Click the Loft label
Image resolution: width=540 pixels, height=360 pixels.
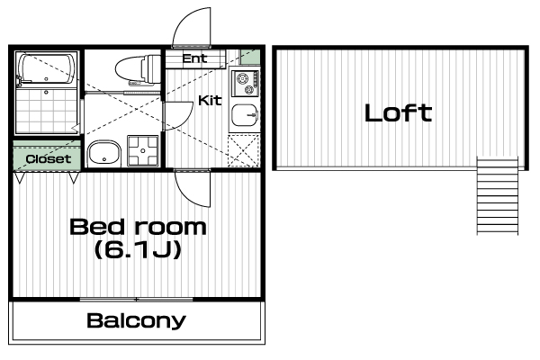click(x=398, y=113)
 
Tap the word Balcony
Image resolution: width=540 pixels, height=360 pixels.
click(x=137, y=321)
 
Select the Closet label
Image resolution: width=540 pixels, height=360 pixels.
click(x=49, y=158)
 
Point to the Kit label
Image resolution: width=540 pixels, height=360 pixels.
click(x=210, y=100)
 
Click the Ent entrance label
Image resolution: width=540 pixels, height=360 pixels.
click(x=195, y=58)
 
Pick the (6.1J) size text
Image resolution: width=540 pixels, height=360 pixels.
click(x=138, y=250)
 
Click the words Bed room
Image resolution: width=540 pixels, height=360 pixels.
click(x=138, y=227)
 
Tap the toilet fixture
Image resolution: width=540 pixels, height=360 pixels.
click(x=138, y=69)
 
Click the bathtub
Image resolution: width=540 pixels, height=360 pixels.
click(x=47, y=68)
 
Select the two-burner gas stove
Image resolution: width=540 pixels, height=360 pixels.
click(x=245, y=83)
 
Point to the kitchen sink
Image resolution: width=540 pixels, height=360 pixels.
click(x=245, y=114)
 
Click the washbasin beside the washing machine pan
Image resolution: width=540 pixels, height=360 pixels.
click(x=104, y=153)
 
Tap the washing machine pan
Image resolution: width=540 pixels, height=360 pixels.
click(x=143, y=150)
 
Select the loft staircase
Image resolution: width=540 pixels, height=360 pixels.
click(x=498, y=195)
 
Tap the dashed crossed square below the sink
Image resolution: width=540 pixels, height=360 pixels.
click(x=244, y=150)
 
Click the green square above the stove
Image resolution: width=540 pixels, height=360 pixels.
click(x=250, y=57)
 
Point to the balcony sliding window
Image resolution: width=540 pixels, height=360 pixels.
click(x=137, y=300)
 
